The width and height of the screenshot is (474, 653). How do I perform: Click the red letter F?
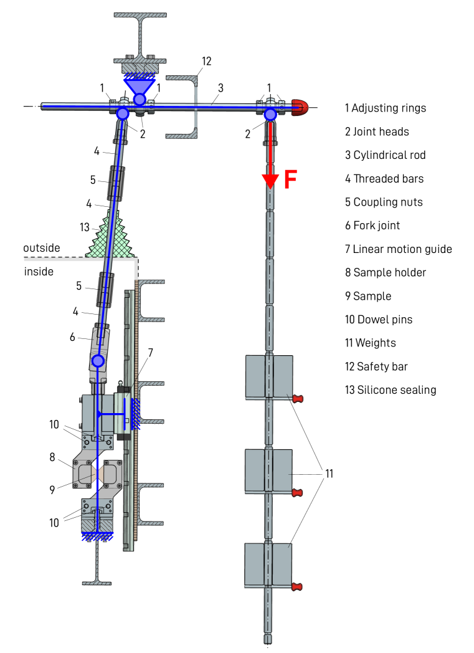290,179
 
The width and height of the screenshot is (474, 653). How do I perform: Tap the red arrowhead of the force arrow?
270,181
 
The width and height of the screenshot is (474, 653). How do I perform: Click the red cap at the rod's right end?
300,107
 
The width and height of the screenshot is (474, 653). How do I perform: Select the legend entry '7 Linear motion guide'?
398,249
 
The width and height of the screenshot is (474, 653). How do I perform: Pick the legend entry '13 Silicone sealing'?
391,390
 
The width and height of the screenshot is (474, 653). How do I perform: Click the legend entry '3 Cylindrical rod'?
385,155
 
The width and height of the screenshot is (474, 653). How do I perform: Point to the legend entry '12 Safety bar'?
376,366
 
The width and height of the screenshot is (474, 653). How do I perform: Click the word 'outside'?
42,248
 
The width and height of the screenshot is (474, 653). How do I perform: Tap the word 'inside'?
39,272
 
